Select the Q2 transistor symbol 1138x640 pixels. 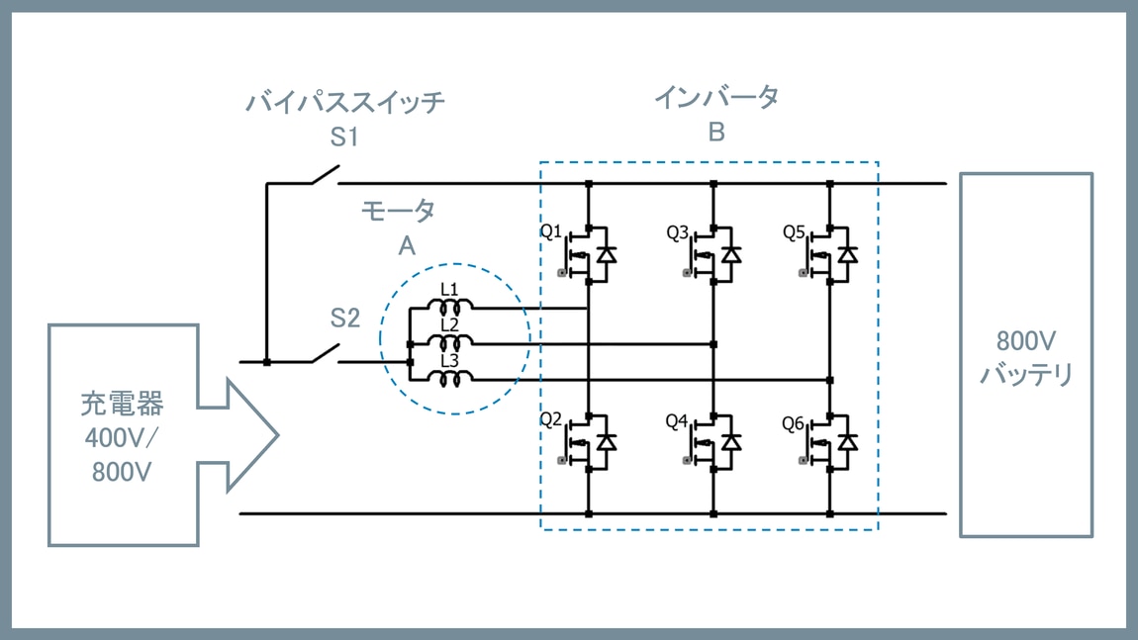[591, 442]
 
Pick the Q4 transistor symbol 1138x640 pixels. [715, 442]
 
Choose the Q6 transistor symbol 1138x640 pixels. [831, 442]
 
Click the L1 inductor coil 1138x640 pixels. [456, 306]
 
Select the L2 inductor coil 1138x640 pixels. [456, 342]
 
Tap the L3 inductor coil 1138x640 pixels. [456, 379]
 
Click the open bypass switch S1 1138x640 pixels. [324, 178]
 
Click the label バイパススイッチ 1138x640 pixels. [344, 102]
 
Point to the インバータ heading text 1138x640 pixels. [715, 97]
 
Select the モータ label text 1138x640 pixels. [398, 210]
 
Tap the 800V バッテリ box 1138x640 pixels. [1026, 355]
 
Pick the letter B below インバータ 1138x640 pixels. [716, 133]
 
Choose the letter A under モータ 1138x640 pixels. [406, 246]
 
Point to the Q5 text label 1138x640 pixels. [794, 232]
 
